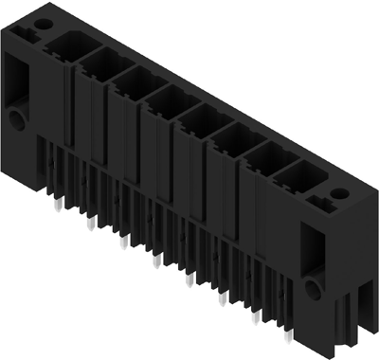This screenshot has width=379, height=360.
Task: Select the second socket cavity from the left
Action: (98, 63)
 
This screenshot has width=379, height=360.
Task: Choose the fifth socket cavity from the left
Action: (198, 117)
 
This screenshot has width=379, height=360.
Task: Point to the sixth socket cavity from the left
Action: (230, 137)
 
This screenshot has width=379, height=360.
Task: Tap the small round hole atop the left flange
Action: (39, 20)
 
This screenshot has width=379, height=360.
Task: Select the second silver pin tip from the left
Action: (91, 224)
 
